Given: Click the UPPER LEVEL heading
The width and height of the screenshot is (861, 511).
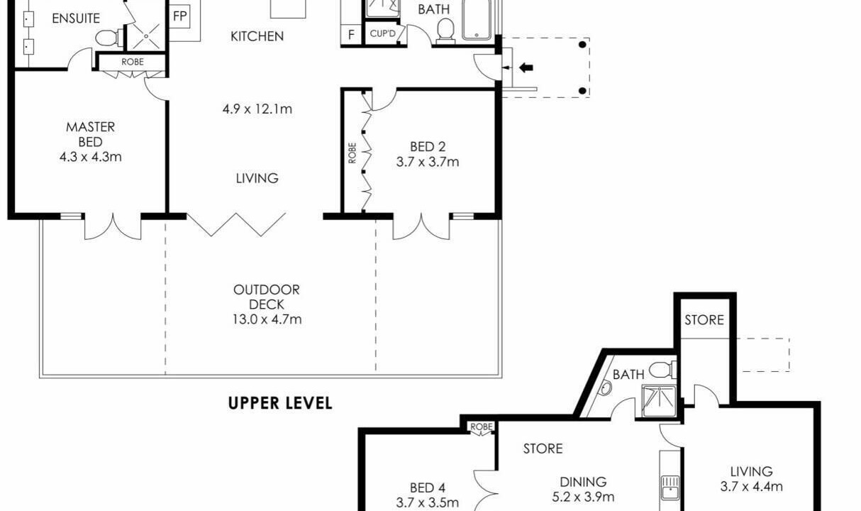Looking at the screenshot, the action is tap(280, 403).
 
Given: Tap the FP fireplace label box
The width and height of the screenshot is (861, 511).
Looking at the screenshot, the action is tap(180, 16).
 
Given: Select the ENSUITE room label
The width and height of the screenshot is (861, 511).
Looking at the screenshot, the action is tap(76, 18).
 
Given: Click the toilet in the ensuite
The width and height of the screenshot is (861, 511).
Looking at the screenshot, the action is tap(109, 38).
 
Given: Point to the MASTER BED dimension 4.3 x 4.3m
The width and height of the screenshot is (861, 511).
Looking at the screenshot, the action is tap(90, 157).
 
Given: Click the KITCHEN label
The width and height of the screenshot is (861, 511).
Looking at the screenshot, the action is tap(257, 36).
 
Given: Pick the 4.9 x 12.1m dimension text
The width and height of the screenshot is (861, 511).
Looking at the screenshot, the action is tap(257, 109).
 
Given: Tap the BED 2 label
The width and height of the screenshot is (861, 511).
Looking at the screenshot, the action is tap(428, 147).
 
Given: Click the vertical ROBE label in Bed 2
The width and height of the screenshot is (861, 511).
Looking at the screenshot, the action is tap(352, 153).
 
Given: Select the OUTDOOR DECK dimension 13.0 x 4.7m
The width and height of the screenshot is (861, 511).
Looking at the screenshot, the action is tap(267, 319).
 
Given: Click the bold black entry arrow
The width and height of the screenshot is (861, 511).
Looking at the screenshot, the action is tap(526, 68).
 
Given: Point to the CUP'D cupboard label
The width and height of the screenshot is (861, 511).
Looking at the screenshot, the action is tap(382, 34).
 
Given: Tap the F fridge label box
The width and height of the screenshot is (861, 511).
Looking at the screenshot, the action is tap(351, 35).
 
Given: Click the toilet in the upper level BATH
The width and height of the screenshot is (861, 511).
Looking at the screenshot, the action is tap(445, 31).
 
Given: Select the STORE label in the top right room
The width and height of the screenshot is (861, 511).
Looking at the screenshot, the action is tap(704, 320).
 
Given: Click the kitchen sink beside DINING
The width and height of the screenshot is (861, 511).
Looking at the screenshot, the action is tap(670, 488).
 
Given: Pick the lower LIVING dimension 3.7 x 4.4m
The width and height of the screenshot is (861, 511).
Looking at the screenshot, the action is tap(752, 487).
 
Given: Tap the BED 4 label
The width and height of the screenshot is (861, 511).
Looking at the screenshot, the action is tap(428, 488).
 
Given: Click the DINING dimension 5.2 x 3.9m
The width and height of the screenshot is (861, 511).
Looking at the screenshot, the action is tap(583, 497).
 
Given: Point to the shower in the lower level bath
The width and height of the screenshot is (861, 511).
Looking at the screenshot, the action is tap(659, 402).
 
